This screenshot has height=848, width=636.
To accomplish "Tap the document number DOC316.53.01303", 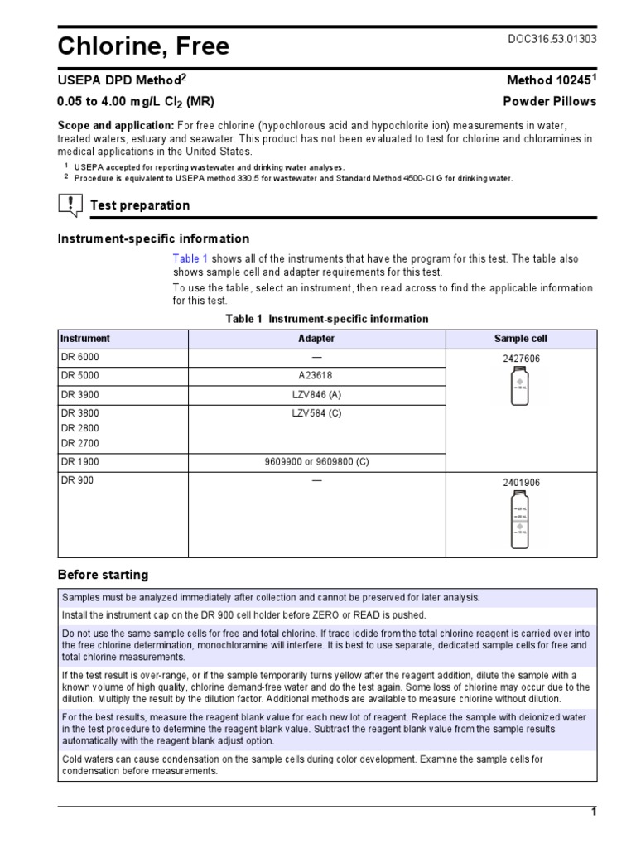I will tap(551, 39).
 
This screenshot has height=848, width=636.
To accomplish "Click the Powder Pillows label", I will tap(550, 101).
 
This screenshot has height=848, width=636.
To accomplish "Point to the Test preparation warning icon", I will tap(71, 205).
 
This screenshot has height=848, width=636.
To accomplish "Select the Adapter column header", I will tap(316, 339).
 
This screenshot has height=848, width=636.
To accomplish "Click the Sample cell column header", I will tap(520, 339).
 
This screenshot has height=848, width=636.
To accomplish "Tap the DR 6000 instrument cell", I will tap(79, 357).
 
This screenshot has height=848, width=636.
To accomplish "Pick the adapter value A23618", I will tap(316, 375).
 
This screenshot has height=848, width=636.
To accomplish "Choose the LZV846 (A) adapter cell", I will tap(316, 394).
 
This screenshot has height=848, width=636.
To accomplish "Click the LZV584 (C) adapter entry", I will tap(316, 413).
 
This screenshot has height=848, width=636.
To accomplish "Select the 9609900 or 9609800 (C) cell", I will tap(316, 461).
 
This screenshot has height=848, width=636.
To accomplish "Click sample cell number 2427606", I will tap(521, 359).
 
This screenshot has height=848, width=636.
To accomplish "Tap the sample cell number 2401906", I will tap(521, 481).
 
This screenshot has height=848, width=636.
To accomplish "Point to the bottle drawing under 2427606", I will tap(520, 386).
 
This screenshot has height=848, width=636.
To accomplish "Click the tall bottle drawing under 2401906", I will tap(520, 520).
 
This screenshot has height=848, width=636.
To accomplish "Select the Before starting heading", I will tap(103, 575).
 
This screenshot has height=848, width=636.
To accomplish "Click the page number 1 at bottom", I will tap(593, 812).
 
